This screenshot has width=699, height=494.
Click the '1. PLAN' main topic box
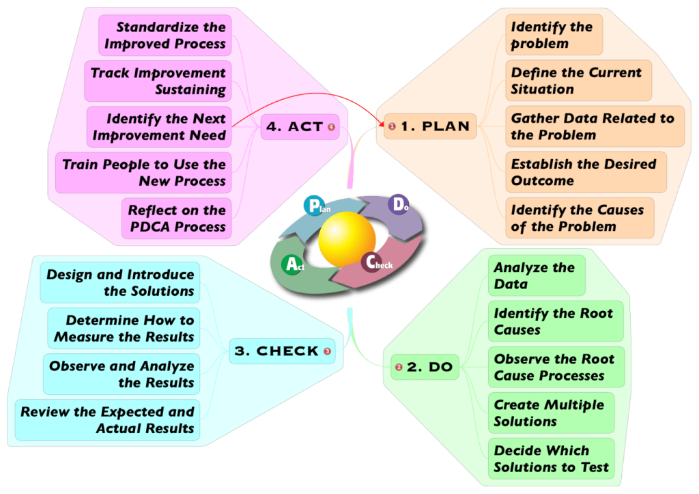pos(430,126)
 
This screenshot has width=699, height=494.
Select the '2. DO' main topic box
pos(424,367)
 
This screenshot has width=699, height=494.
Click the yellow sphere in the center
pos(347,240)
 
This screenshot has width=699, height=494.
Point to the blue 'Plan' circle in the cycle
pos(314,205)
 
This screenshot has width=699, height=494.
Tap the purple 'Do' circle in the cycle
pos(398,204)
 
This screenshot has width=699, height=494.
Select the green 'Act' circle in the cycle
pos(293,265)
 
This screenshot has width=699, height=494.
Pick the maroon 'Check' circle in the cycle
pos(373,262)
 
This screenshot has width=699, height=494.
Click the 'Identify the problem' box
pos(554,36)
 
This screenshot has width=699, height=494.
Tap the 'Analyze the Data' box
pos(536,276)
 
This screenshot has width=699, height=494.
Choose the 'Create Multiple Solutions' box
pos(550,413)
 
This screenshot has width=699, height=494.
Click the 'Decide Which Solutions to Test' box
pos(551,459)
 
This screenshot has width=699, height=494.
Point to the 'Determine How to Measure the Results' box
pos(124,329)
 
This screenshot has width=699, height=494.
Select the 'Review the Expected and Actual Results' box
pos(107,420)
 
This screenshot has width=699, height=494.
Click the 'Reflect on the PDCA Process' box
pos(176,219)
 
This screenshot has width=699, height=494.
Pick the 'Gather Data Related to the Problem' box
pos(594,126)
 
